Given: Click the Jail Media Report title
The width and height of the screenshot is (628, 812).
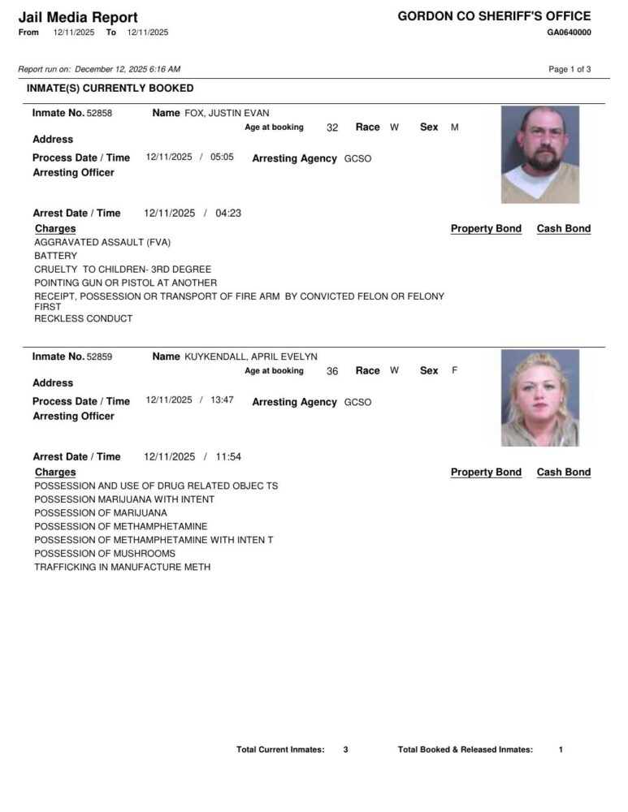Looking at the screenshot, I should point(78,17).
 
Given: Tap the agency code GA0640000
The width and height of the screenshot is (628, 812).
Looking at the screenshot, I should point(569,32).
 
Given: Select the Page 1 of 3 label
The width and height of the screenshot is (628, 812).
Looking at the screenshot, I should point(570,69).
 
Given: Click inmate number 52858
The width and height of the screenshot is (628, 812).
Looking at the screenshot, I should point(99,113).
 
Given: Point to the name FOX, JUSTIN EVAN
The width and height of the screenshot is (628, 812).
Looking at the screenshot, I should point(227,113).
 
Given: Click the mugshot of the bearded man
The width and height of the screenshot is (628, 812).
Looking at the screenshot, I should point(540,154).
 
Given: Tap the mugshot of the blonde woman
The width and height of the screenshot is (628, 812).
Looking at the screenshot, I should point(540,398).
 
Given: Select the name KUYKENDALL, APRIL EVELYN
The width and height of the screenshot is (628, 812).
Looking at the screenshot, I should point(251,356).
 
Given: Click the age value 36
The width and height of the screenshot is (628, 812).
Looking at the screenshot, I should point(332,371).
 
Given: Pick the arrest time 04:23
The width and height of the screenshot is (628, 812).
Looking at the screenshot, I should point(228,214).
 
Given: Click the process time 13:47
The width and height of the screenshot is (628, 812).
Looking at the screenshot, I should point(222,400).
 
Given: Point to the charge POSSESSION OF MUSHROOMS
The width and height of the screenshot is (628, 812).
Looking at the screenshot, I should point(105,553).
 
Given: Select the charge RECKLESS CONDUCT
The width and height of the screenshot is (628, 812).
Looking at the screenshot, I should point(83,318).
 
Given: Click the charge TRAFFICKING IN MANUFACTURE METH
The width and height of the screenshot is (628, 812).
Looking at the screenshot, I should point(123,567).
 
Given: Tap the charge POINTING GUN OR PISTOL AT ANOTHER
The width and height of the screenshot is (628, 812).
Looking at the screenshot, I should point(125,283).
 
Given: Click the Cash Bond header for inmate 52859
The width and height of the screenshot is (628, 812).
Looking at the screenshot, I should point(564,472).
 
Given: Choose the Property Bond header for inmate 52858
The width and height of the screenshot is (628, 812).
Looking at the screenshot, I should point(486,229).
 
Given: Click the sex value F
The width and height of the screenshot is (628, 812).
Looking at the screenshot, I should point(455,371).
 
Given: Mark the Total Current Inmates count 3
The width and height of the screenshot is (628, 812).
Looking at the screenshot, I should point(345,749).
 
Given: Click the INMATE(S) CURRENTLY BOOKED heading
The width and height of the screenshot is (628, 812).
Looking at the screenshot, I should point(110,88).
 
